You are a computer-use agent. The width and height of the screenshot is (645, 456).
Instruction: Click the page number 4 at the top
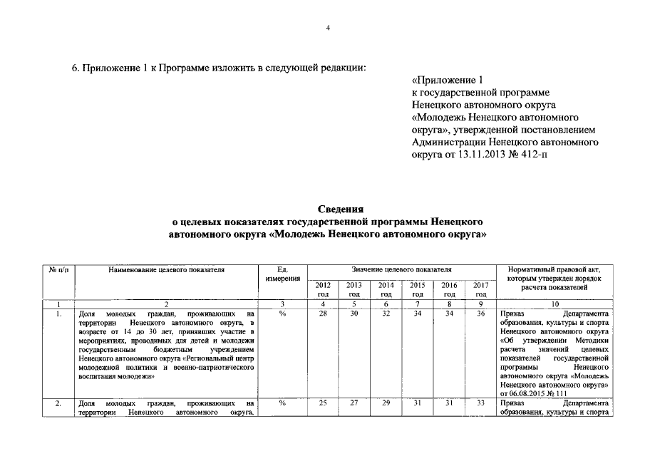pyautogui.click(x=328, y=28)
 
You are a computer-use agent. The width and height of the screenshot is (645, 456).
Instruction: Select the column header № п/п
pyautogui.click(x=58, y=270)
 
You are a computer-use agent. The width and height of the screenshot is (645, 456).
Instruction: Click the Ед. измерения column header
pyautogui.click(x=282, y=274)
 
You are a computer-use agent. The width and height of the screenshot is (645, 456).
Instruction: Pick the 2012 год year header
pyautogui.click(x=323, y=289)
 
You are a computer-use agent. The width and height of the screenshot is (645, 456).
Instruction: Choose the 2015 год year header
pyautogui.click(x=418, y=289)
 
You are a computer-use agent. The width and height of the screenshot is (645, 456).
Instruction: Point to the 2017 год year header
pyautogui.click(x=480, y=289)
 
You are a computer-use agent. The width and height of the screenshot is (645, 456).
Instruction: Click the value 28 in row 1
pyautogui.click(x=323, y=313)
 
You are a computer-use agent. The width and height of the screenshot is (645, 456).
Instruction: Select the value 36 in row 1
pyautogui.click(x=480, y=313)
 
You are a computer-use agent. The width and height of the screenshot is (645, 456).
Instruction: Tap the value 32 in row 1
pyautogui.click(x=386, y=313)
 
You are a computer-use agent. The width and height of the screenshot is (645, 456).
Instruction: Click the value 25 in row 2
pyautogui.click(x=323, y=403)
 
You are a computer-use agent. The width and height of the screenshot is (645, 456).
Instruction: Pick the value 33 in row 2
pyautogui.click(x=480, y=403)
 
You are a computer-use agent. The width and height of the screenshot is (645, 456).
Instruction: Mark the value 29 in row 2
pyautogui.click(x=386, y=403)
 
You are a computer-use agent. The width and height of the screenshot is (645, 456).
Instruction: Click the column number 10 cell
pyautogui.click(x=554, y=304)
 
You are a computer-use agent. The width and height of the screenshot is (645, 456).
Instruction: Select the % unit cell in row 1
pyautogui.click(x=282, y=313)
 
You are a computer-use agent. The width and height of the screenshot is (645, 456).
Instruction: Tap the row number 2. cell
pyautogui.click(x=58, y=403)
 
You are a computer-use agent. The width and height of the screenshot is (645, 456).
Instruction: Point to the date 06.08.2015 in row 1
pyautogui.click(x=532, y=393)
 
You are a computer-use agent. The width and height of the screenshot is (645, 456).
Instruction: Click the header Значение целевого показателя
pyautogui.click(x=402, y=270)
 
